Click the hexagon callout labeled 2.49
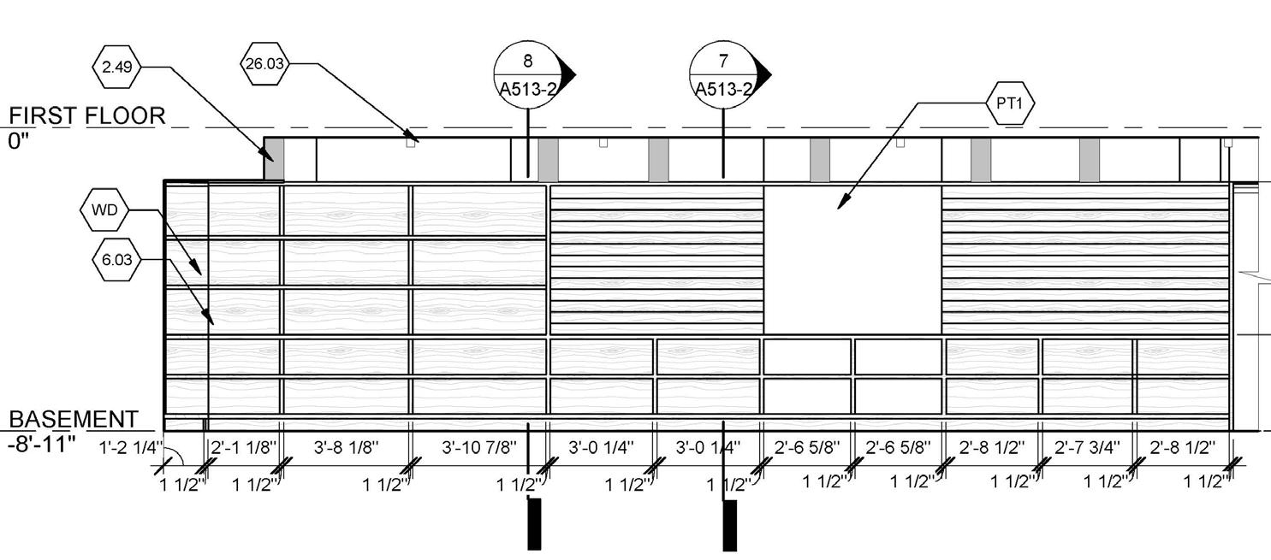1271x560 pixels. pos(116,68)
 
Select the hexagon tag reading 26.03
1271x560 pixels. pos(265,64)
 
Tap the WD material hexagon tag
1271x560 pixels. pos(104,210)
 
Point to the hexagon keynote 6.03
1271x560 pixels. pos(116,260)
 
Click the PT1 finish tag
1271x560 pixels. pos(1011,103)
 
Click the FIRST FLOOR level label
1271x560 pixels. pos(87,116)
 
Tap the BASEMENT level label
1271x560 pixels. pos(74,420)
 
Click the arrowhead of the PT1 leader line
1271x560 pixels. pos(842,203)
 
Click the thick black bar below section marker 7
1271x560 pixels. pos(730,525)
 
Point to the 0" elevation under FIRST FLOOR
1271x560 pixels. pos(19,141)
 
